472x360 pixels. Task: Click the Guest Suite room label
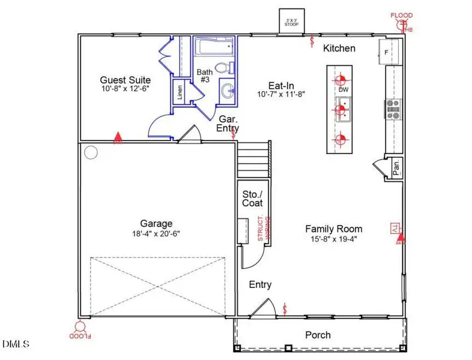click(x=125, y=80)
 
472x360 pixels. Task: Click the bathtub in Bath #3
click(x=213, y=46)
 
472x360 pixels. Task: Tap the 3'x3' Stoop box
click(x=294, y=21)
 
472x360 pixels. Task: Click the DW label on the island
click(x=343, y=90)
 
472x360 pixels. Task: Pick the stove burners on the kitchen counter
click(x=393, y=107)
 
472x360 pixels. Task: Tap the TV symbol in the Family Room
click(x=394, y=228)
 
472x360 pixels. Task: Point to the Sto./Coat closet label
click(x=252, y=199)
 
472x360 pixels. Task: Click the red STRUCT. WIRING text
click(x=264, y=229)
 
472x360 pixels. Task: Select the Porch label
click(x=318, y=335)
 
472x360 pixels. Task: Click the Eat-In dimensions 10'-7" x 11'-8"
click(x=282, y=95)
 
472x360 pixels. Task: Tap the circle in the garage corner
click(x=90, y=152)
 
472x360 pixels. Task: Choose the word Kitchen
click(x=339, y=48)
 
